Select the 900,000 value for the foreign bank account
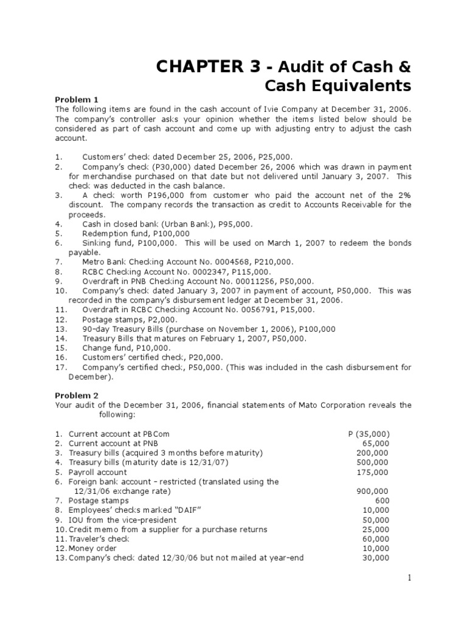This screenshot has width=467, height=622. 372,491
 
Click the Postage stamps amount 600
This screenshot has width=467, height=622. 382,501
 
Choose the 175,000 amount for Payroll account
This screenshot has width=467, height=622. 372,472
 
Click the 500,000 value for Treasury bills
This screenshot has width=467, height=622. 372,462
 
